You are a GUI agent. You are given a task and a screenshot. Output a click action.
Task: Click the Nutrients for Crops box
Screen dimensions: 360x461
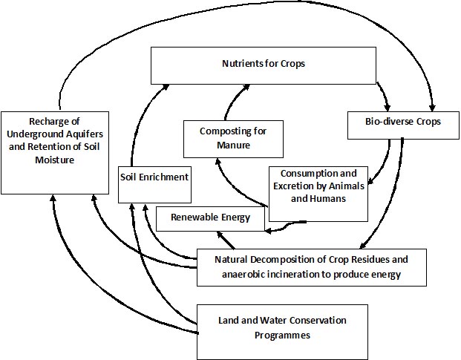pos(264,66)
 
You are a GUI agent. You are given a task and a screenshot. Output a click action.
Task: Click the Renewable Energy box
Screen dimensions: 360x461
pos(211,218)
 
